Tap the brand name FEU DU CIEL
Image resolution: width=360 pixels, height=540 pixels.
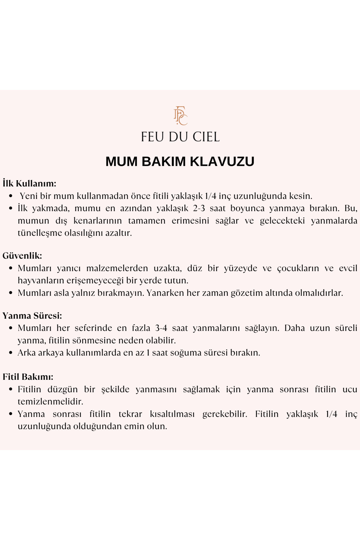click(x=180, y=137)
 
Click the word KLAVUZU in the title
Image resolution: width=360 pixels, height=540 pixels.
click(x=222, y=161)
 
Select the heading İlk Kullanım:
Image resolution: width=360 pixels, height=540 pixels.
click(x=29, y=183)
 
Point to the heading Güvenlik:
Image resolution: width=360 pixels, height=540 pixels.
click(x=22, y=256)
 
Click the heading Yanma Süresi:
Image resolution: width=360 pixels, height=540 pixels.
click(x=32, y=316)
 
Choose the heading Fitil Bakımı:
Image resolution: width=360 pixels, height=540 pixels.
click(x=28, y=377)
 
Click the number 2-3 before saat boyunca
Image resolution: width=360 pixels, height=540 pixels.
click(x=199, y=208)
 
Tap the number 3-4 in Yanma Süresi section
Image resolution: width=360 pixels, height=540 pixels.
click(x=161, y=328)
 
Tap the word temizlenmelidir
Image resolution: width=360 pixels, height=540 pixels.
click(x=50, y=401)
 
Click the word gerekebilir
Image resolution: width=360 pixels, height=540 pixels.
click(x=225, y=414)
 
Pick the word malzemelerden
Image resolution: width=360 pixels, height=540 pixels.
click(x=117, y=268)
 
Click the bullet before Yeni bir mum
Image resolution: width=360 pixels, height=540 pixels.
click(x=11, y=196)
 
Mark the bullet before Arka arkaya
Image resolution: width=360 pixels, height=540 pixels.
click(x=11, y=352)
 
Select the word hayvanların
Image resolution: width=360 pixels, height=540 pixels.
click(x=41, y=280)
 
